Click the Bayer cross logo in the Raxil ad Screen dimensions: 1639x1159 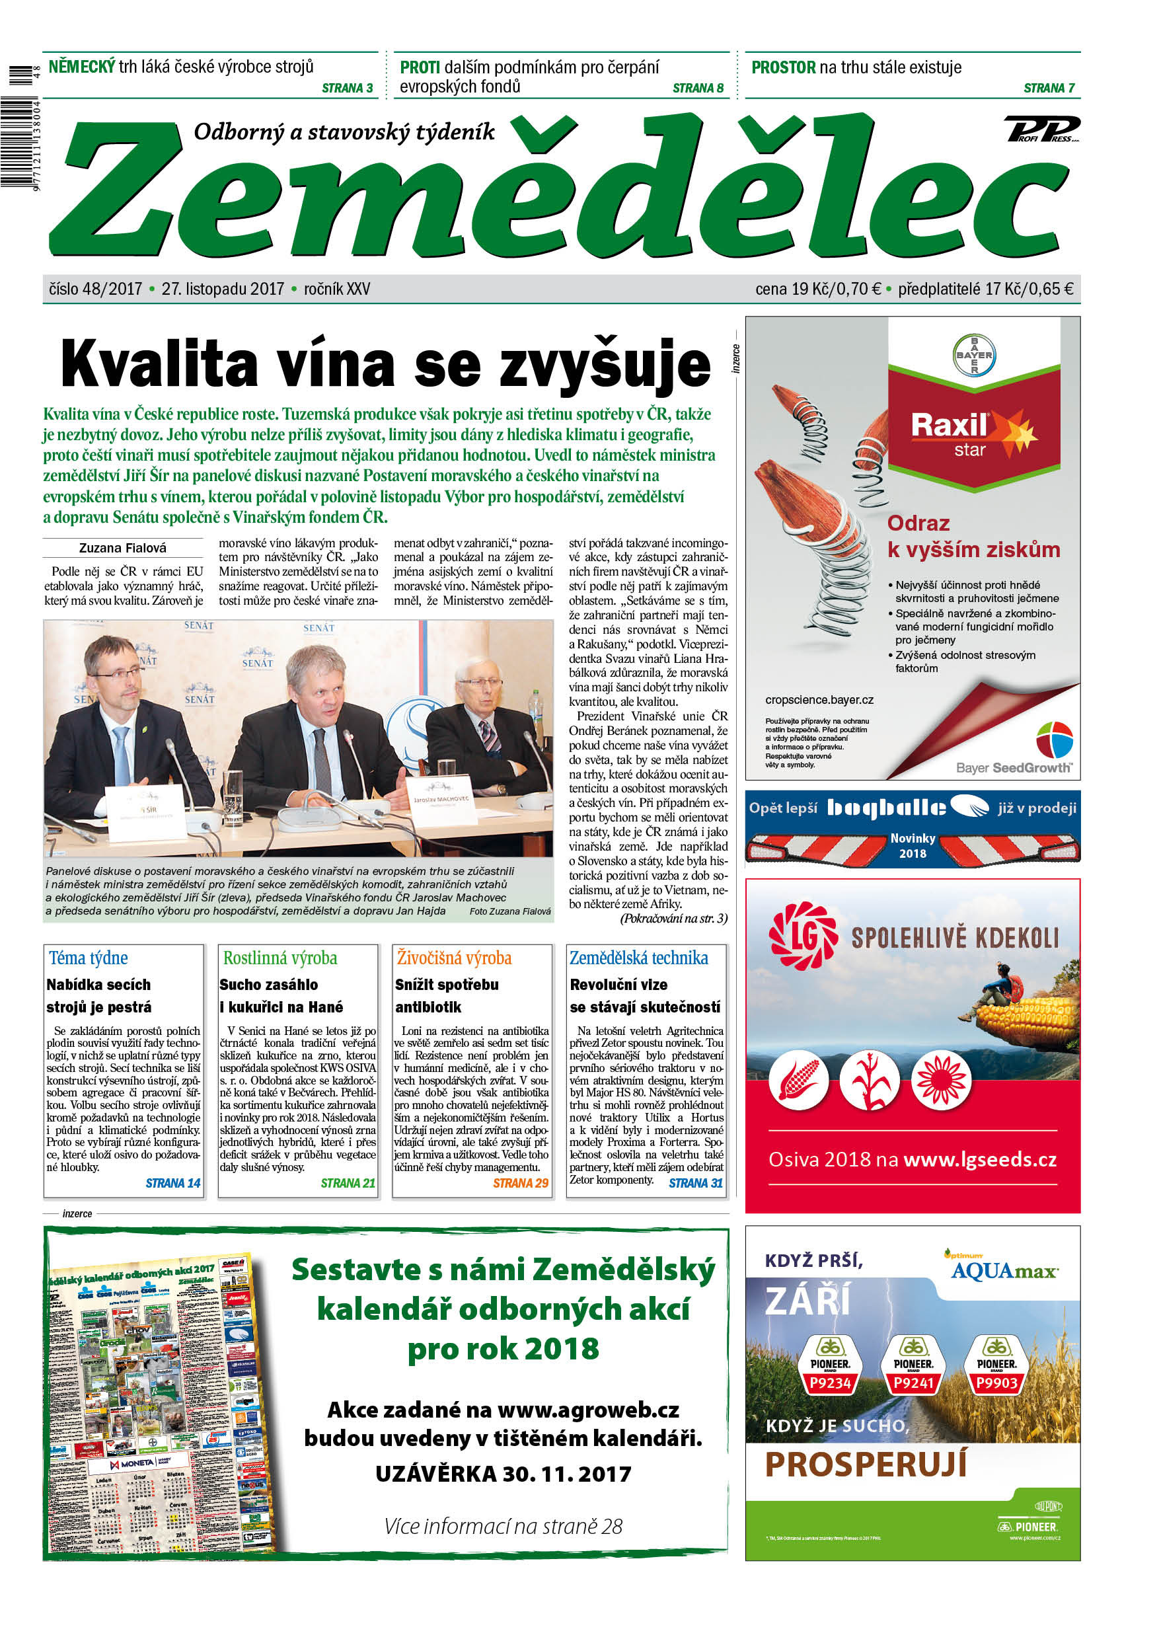click(973, 355)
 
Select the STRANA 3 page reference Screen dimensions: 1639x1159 click(348, 88)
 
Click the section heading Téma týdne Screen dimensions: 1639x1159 click(89, 958)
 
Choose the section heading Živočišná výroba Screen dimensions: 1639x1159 click(454, 958)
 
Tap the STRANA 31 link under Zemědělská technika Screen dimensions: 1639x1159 click(696, 1183)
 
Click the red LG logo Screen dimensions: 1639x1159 click(803, 936)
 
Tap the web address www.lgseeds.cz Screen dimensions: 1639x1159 click(980, 1160)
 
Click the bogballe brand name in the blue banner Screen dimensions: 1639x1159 click(886, 808)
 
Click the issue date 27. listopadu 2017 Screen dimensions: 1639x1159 click(223, 289)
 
